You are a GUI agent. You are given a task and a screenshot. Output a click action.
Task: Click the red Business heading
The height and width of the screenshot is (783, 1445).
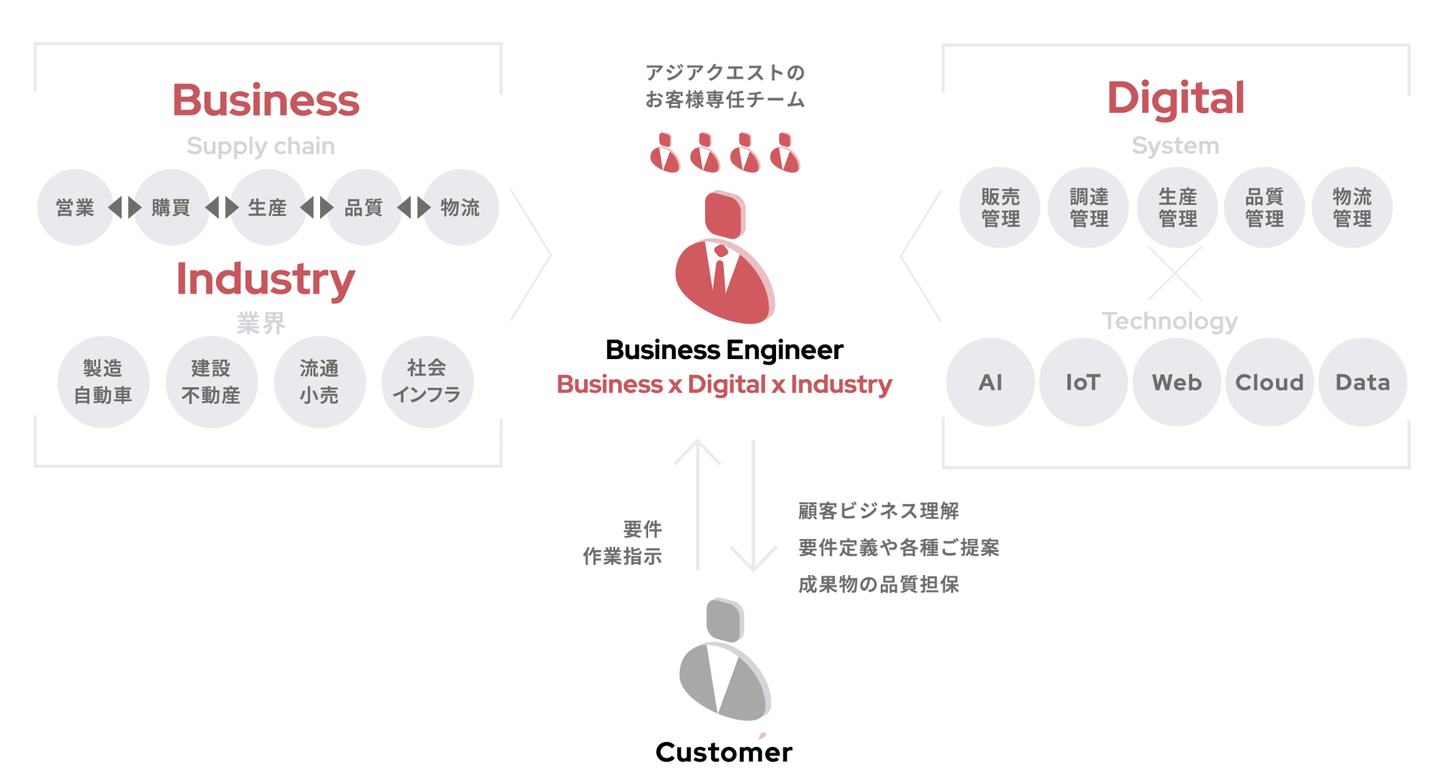tap(265, 100)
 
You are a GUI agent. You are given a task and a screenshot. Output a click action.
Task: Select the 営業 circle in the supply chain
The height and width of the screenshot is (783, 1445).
tap(75, 208)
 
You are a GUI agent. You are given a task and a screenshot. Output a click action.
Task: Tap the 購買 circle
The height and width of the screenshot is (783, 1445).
tap(171, 208)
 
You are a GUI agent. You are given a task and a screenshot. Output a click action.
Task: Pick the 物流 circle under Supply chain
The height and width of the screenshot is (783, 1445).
tap(460, 208)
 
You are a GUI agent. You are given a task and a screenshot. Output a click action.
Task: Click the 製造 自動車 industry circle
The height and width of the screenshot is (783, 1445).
tap(103, 382)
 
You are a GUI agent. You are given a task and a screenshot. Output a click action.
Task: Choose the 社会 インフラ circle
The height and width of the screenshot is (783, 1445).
tap(427, 382)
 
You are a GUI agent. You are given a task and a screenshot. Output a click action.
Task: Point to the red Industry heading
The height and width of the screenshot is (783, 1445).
tap(265, 280)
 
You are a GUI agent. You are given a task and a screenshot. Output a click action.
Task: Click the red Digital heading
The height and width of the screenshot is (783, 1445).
tap(1176, 98)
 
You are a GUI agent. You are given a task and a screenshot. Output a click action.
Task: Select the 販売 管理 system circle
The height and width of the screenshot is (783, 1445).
tap(1000, 208)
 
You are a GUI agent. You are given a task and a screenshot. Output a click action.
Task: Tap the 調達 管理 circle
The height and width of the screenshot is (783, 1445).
tap(1088, 208)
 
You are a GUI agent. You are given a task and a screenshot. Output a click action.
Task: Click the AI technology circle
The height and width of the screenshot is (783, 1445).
tap(991, 382)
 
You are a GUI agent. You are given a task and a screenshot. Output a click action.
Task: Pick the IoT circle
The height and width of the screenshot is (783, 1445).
tap(1083, 382)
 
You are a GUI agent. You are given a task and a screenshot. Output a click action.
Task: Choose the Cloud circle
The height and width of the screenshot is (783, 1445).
tap(1269, 382)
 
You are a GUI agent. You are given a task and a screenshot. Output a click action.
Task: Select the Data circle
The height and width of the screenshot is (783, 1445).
tap(1363, 382)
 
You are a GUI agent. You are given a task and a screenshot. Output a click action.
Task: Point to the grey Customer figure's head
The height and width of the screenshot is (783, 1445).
tap(725, 619)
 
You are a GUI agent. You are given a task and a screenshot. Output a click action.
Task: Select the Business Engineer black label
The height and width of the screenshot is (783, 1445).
tap(725, 350)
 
